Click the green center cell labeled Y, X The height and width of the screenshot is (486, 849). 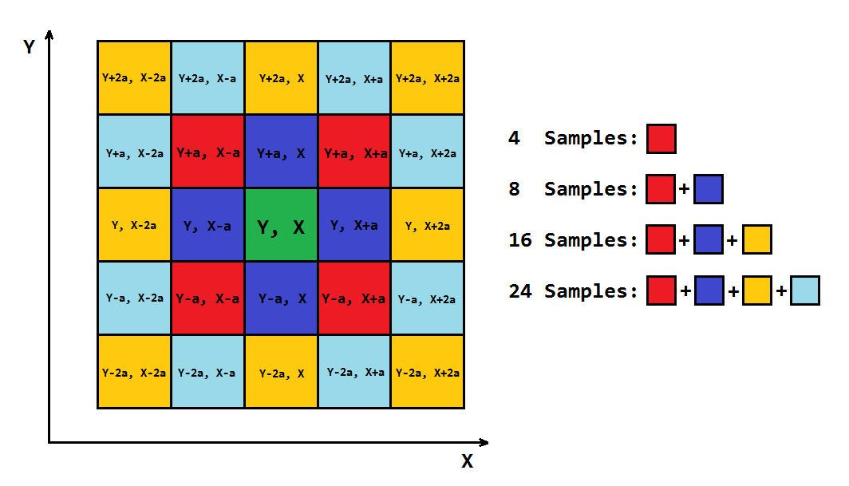(x=281, y=225)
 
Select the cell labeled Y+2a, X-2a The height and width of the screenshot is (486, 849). (x=134, y=77)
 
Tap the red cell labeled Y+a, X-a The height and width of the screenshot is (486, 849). (x=208, y=151)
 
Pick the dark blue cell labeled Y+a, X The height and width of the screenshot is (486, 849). (x=281, y=151)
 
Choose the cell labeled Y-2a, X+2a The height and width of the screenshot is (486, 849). (x=428, y=372)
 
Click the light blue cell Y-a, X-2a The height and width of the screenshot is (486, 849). (x=134, y=298)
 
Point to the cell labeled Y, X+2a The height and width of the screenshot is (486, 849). (x=428, y=225)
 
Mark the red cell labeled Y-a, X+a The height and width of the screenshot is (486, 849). (x=354, y=298)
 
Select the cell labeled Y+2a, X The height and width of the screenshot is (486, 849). (x=281, y=77)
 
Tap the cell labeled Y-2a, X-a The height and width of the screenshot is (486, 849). (x=208, y=372)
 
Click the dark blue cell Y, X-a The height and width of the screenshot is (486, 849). (x=208, y=225)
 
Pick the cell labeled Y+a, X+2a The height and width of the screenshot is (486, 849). (x=428, y=151)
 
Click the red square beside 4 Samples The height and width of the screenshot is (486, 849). (x=661, y=139)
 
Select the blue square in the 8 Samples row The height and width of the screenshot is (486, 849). (x=709, y=189)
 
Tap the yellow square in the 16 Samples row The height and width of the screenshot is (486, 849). (x=757, y=239)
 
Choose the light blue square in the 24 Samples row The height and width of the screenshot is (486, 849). (x=804, y=290)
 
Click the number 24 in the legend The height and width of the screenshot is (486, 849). (x=520, y=291)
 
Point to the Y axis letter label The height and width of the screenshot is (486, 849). (x=30, y=46)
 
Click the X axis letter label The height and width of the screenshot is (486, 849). (x=468, y=461)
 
